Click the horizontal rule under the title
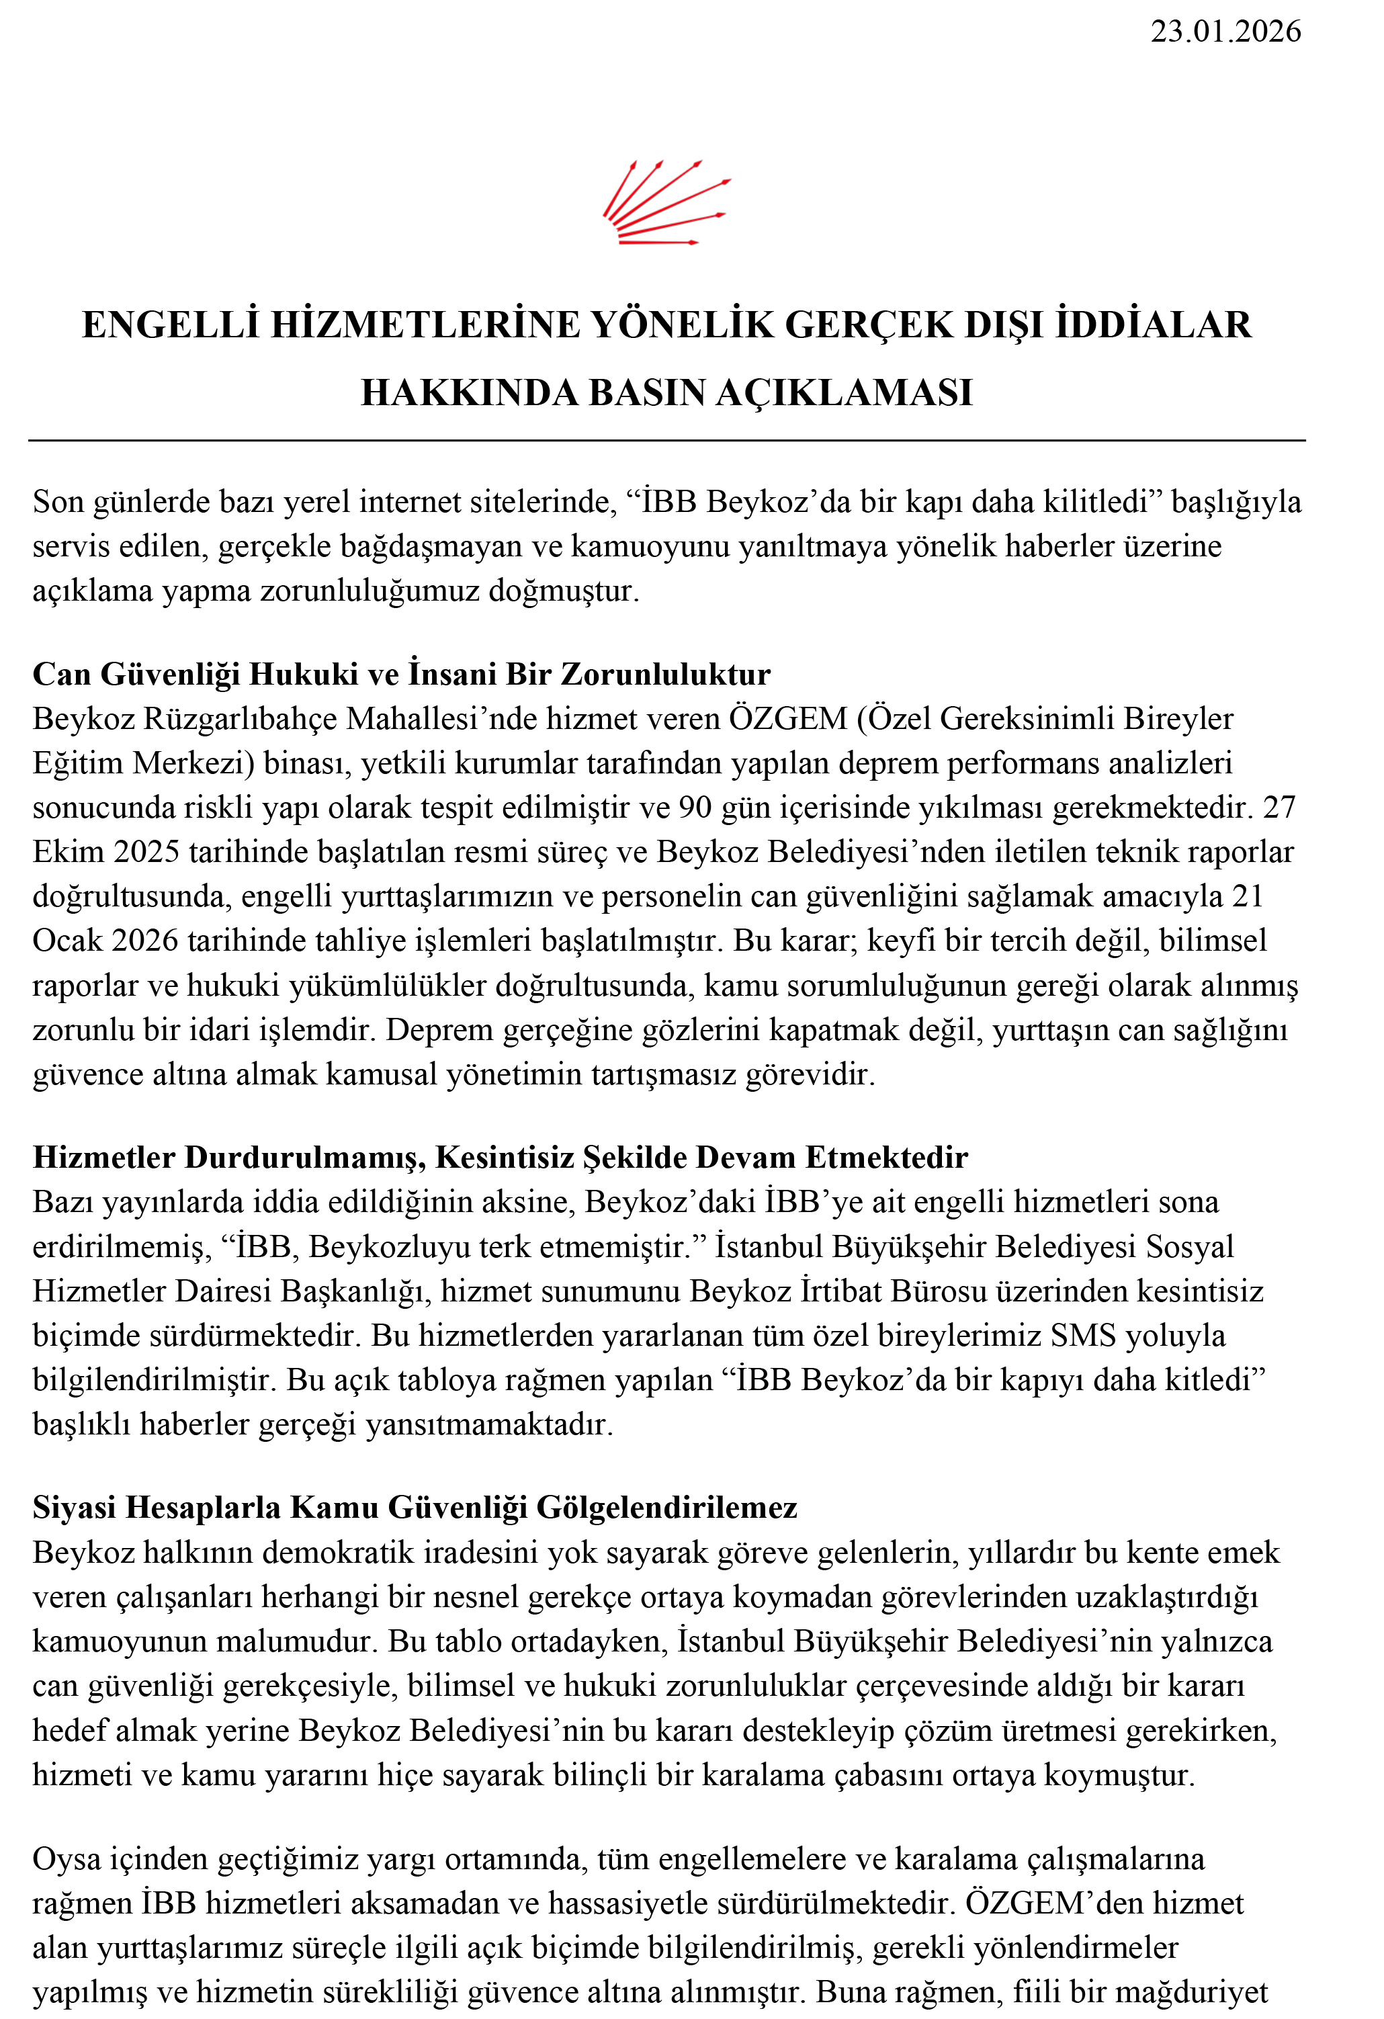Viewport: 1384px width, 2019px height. [x=666, y=441]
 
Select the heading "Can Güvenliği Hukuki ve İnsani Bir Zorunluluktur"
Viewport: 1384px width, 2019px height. [x=401, y=674]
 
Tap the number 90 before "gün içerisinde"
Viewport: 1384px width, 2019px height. [x=695, y=808]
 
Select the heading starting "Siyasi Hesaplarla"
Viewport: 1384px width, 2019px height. [x=415, y=1507]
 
